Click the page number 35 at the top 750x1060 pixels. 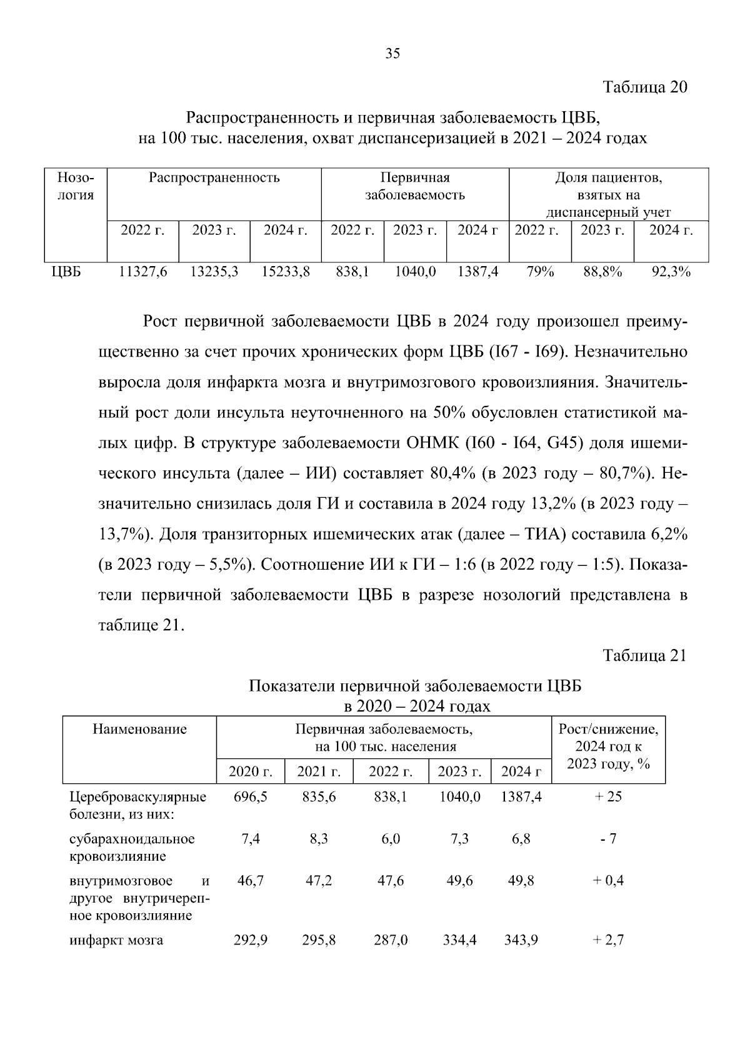coord(392,53)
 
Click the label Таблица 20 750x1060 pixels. coord(644,87)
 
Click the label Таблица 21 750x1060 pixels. coord(644,656)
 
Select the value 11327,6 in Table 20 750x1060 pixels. coord(143,272)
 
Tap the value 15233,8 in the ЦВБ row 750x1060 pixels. coord(286,272)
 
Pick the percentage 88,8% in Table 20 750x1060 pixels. coord(602,272)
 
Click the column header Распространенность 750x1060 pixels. coord(214,178)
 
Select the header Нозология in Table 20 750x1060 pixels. coord(76,186)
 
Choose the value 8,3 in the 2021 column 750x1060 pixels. coord(319,839)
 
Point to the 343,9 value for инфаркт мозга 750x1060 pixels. coord(521,940)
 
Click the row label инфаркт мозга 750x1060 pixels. coord(116,940)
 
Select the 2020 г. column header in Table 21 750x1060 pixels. coord(250,772)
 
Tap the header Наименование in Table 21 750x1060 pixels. coord(139,729)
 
